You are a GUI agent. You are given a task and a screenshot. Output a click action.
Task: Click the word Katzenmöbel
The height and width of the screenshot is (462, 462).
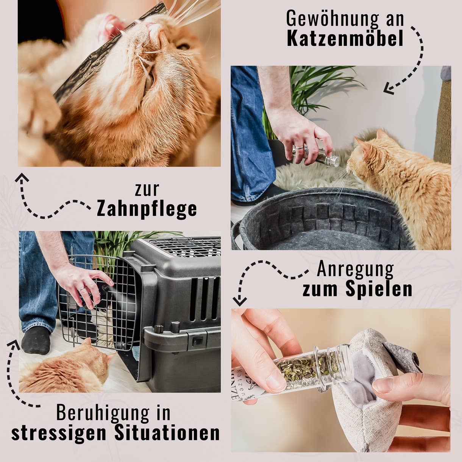(x=345, y=39)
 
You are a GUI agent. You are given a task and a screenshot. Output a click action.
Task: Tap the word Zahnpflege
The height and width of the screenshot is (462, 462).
(x=147, y=209)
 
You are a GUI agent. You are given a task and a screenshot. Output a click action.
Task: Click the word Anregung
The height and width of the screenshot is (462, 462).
(x=355, y=269)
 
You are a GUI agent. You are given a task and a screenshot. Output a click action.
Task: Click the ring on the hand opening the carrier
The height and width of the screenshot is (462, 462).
(x=81, y=289)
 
